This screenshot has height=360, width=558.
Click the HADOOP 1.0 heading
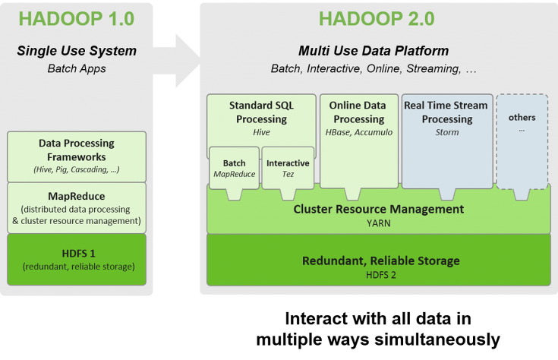(x=77, y=18)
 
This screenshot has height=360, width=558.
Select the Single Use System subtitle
(x=77, y=52)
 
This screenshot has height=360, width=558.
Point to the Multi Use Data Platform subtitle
(x=373, y=52)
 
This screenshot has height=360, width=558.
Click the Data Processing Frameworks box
(x=77, y=156)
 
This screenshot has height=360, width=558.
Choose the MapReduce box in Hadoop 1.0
(x=77, y=207)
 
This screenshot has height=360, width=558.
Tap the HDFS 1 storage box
(x=77, y=259)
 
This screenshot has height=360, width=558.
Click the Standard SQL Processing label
(x=262, y=112)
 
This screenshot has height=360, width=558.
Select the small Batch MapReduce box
(x=234, y=169)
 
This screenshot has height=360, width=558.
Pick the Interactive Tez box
(x=288, y=169)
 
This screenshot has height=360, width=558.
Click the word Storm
(x=447, y=132)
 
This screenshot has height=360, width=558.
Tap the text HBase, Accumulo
(x=359, y=132)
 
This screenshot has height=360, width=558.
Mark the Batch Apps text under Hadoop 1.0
(x=77, y=68)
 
